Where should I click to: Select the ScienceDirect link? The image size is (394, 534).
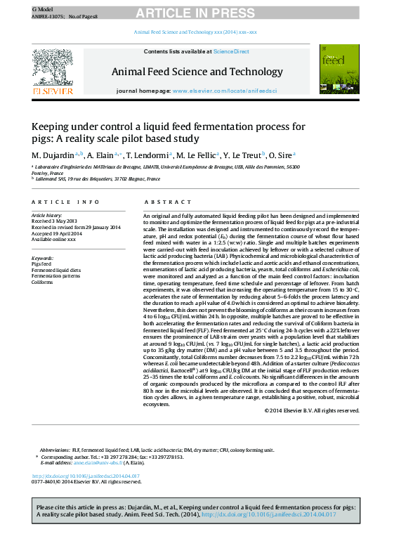point(231,51)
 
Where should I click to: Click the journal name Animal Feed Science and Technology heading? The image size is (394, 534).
point(197,72)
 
